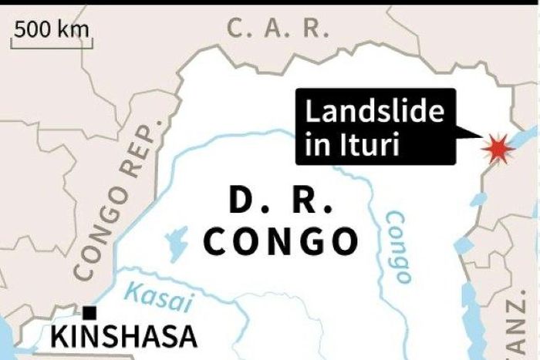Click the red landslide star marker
[495, 146]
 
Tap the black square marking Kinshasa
[90, 312]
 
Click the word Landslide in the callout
[376, 113]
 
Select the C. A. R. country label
[278, 29]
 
